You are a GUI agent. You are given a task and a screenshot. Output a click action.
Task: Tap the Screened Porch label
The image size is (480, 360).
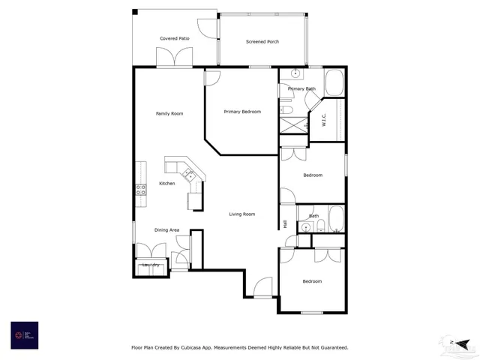click(x=262, y=41)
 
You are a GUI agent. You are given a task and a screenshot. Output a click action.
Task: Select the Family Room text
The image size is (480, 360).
click(x=169, y=114)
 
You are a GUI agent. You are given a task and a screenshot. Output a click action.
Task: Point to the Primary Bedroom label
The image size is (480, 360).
click(x=242, y=112)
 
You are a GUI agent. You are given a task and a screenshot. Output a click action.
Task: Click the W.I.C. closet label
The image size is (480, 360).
click(x=323, y=120)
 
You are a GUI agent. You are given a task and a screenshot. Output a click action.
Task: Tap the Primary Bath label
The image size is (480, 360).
click(x=301, y=89)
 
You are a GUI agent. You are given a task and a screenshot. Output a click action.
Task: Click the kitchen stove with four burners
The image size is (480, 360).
click(x=140, y=189)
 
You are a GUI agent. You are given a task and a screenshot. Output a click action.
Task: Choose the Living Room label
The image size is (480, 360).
click(x=242, y=214)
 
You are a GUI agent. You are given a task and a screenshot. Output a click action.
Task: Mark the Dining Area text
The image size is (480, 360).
click(x=166, y=229)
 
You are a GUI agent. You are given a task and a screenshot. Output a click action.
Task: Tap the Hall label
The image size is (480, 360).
click(x=286, y=223)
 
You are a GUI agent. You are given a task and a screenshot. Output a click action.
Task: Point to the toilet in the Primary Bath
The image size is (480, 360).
click(x=286, y=109)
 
